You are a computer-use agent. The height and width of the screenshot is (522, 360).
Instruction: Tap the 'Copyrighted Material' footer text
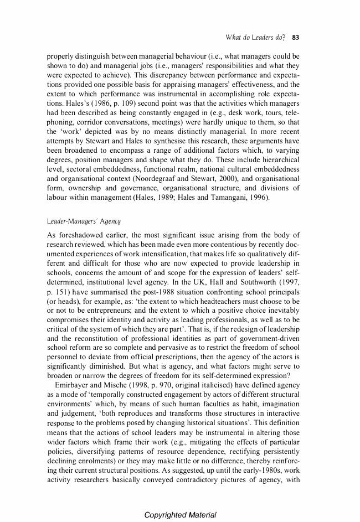[x=180, y=515]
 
